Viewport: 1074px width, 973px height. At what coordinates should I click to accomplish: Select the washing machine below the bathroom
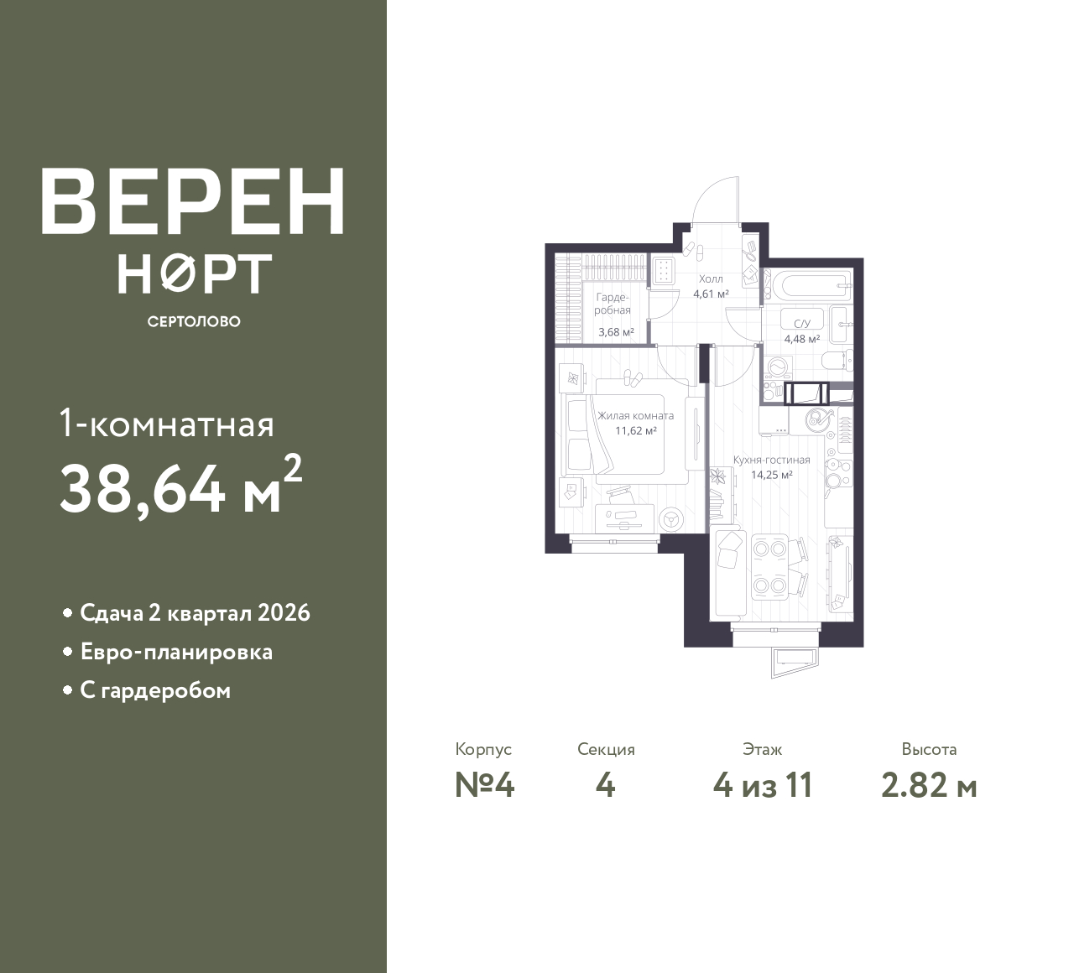tap(776, 369)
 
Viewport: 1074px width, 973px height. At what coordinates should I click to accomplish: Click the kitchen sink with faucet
tap(817, 419)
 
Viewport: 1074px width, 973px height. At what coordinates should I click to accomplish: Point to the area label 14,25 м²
tap(771, 475)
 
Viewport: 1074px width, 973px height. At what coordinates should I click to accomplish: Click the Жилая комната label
tap(635, 415)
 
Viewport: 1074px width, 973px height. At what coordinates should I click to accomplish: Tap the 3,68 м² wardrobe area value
tap(616, 332)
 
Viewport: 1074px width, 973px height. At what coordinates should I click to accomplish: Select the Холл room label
tap(711, 278)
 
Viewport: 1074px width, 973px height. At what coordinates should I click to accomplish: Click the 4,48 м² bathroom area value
tap(802, 339)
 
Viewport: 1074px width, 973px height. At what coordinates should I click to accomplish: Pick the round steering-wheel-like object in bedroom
tap(670, 518)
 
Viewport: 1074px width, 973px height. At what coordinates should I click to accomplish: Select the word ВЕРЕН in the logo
tap(193, 202)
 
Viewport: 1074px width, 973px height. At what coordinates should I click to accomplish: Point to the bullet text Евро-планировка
tap(176, 652)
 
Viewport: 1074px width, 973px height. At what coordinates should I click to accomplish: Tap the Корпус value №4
tap(484, 786)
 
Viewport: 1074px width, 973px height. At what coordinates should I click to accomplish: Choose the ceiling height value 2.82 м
tap(929, 786)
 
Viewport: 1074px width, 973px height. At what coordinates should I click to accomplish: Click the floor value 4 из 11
tap(763, 786)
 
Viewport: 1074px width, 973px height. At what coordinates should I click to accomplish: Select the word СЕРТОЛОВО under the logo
tap(194, 321)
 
